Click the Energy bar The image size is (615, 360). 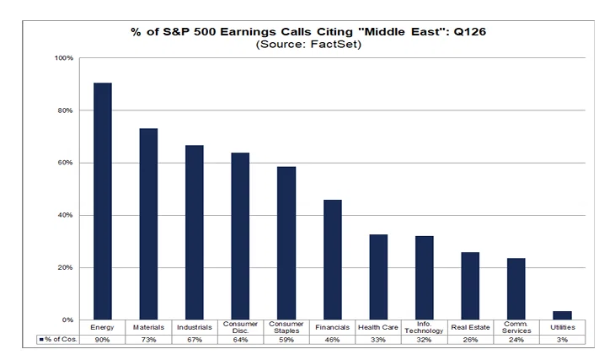tap(103, 201)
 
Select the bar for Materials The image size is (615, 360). tap(148, 223)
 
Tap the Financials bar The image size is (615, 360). tap(333, 260)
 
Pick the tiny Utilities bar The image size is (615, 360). tap(563, 315)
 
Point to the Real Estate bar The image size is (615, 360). tap(470, 286)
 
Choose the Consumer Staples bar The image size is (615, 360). tap(286, 243)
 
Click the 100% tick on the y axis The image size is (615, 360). tap(64, 58)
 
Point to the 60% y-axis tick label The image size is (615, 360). tap(65, 163)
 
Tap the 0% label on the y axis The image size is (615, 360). tap(67, 320)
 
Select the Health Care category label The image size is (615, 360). tap(378, 327)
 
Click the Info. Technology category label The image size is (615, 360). tap(424, 327)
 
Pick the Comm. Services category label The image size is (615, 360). tap(516, 327)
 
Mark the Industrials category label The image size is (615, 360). tap(195, 327)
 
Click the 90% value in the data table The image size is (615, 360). tap(103, 340)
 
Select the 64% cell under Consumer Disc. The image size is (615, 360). tap(240, 340)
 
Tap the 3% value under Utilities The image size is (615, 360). tap(563, 340)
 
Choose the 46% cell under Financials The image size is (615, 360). tap(333, 340)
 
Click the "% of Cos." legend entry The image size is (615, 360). tap(58, 339)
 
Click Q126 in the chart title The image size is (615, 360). tap(470, 32)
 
